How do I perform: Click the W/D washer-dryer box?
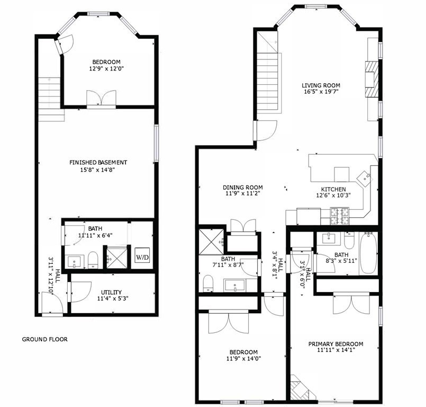coord(142,257)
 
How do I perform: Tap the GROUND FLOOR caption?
coord(44,339)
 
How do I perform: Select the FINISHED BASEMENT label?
coord(98,162)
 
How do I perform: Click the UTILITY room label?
coord(112,292)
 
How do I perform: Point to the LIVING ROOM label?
coord(321,85)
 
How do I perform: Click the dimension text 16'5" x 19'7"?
coord(321,92)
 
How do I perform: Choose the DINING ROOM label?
coord(242,188)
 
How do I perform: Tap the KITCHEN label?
coord(333,189)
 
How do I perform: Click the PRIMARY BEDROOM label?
coord(336,344)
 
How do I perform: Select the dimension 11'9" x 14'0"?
coord(243,359)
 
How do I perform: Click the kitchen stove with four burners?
coord(338,214)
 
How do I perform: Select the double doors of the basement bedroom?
coord(102,99)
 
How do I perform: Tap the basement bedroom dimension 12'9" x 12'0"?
coord(106,68)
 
